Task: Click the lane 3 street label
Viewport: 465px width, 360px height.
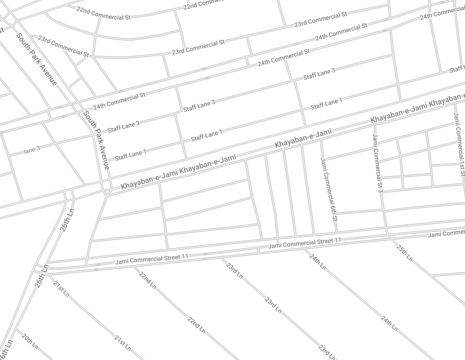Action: [x=32, y=150]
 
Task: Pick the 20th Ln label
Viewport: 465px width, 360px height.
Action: [x=30, y=342]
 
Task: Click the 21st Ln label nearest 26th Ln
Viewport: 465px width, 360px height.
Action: [x=61, y=289]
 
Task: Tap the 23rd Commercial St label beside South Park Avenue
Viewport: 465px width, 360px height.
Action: [x=63, y=46]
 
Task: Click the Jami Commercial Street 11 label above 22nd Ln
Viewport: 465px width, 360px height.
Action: [x=152, y=258]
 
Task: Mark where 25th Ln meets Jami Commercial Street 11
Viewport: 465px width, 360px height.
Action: [x=387, y=236]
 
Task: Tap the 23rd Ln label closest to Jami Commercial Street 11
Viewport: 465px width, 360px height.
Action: [x=234, y=271]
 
